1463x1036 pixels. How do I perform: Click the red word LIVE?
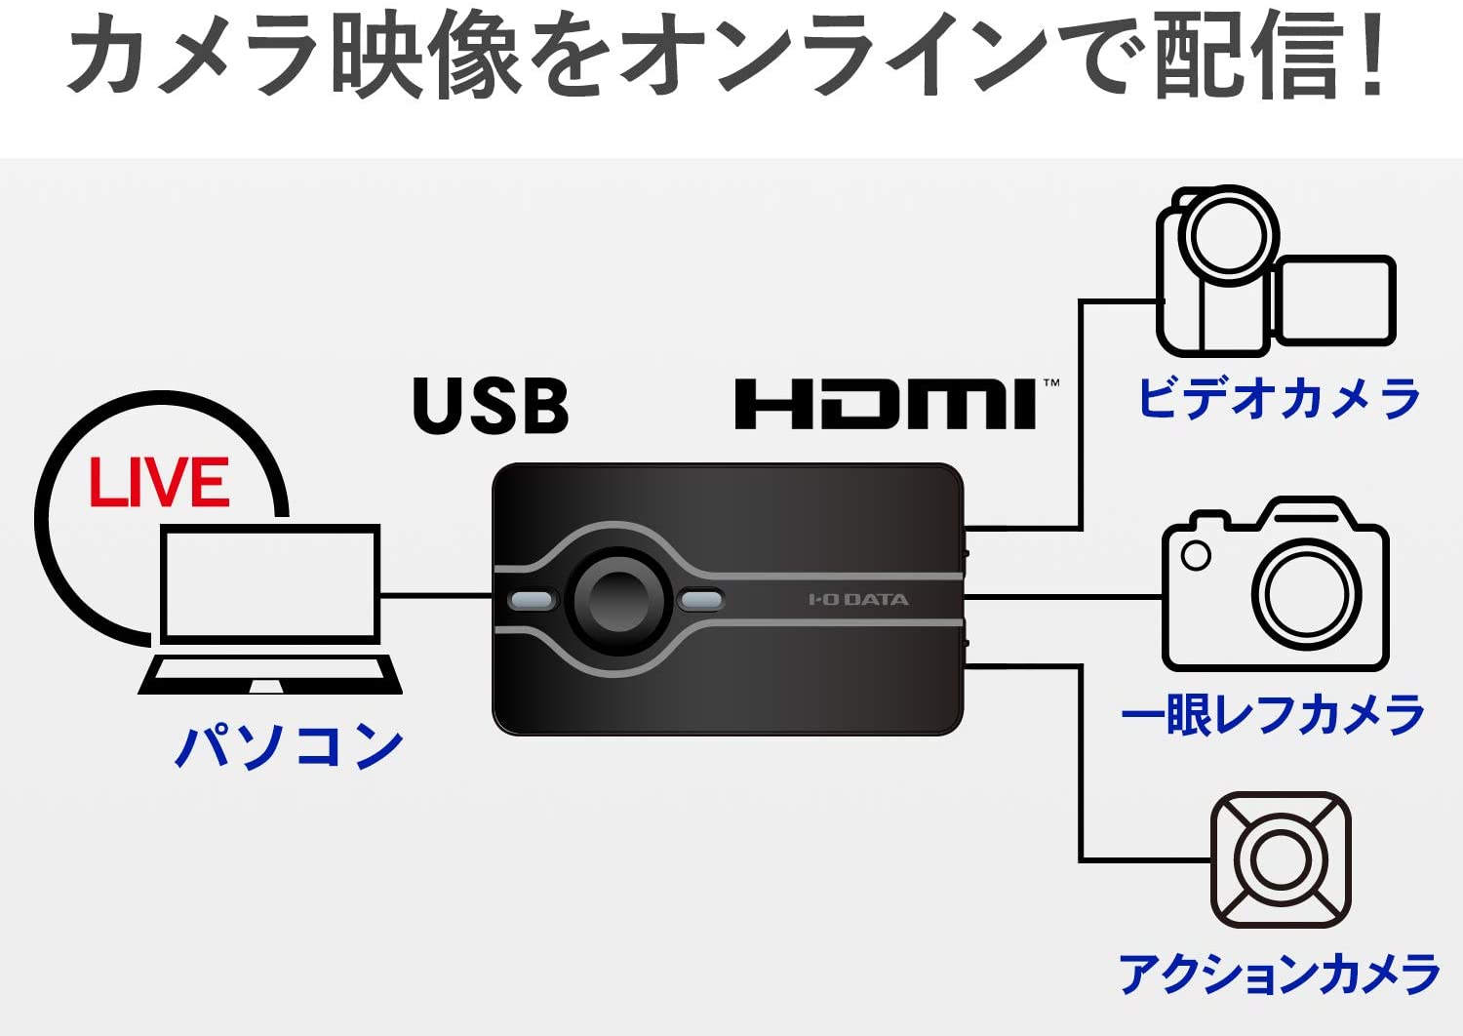(x=160, y=483)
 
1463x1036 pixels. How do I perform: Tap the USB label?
(x=491, y=406)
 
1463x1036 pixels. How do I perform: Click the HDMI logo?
(x=886, y=405)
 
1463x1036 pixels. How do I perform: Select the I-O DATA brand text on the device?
(x=858, y=599)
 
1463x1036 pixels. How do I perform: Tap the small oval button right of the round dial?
(x=700, y=600)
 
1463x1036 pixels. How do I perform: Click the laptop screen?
(x=270, y=582)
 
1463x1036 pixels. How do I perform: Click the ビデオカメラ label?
(x=1279, y=400)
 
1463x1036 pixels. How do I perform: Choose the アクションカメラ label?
(x=1279, y=974)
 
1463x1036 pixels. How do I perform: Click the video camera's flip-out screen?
(x=1335, y=300)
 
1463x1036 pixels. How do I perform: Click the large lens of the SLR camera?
(x=1306, y=593)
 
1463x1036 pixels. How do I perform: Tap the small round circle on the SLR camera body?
(x=1196, y=555)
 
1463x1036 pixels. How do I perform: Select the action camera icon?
(x=1280, y=859)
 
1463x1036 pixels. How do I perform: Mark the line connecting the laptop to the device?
(x=435, y=594)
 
